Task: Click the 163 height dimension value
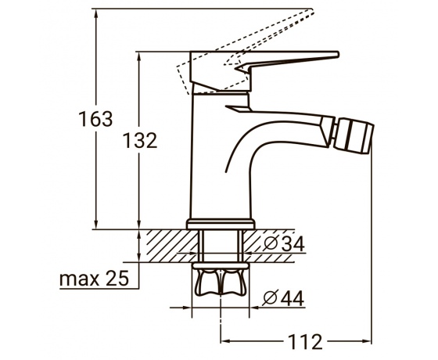(x=95, y=119)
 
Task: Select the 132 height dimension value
(x=140, y=141)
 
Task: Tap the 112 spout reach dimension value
(x=305, y=341)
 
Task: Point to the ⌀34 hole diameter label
(x=284, y=243)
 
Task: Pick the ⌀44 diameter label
(x=283, y=298)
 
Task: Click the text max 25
(x=94, y=279)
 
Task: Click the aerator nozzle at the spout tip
(x=354, y=135)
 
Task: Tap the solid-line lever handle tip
(x=338, y=54)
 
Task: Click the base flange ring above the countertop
(x=221, y=224)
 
